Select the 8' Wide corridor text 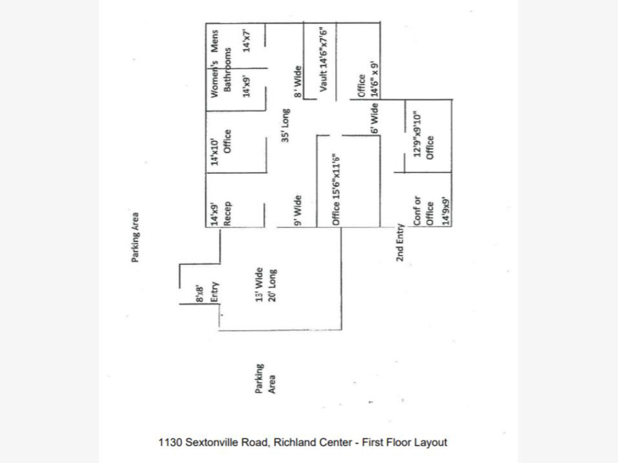pos(298,82)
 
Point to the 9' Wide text pos(298,210)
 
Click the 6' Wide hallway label pos(375,118)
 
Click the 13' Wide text pos(259,285)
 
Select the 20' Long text pos(272,285)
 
